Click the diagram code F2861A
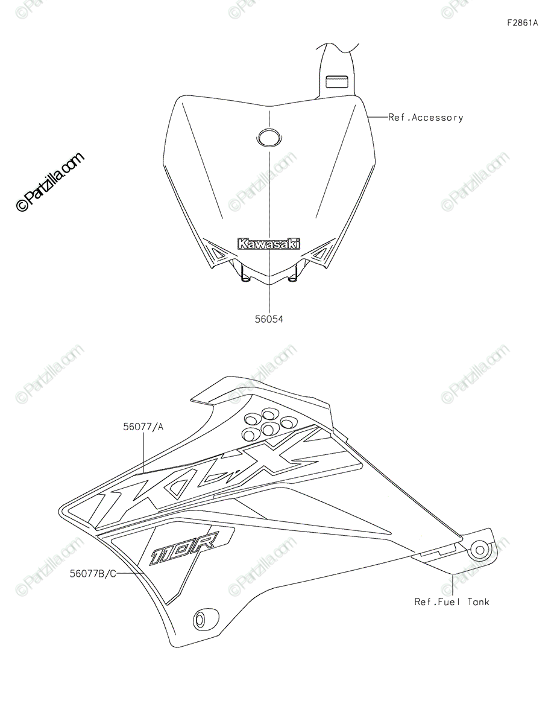pos(522,24)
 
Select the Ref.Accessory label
pos(426,118)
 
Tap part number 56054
pos(269,320)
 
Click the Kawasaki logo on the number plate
pos(269,244)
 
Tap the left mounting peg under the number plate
pos(244,277)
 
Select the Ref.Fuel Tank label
pos(451,602)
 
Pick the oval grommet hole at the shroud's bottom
pos(200,620)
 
